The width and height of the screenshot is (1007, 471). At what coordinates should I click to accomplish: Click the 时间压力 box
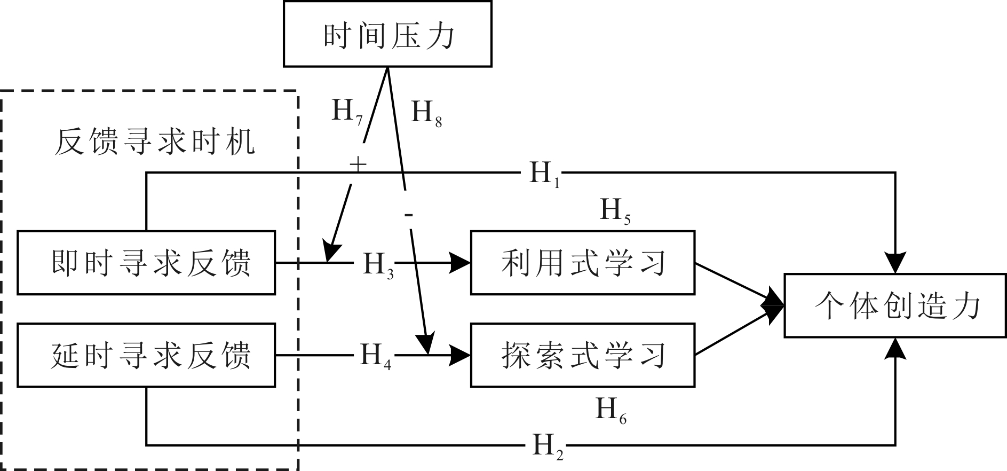tap(387, 34)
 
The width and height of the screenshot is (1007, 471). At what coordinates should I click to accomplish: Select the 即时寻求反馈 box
tap(146, 263)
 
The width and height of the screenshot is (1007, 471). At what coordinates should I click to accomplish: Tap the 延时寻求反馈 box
tap(146, 355)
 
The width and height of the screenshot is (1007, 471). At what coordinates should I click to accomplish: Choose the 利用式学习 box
tap(583, 263)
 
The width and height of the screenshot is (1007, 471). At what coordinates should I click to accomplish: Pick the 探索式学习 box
tap(583, 355)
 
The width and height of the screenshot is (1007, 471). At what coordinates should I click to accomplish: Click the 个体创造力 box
tap(895, 305)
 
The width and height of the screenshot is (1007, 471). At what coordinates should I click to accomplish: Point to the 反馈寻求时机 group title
tap(155, 142)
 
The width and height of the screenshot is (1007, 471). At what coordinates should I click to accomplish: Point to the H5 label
tap(614, 211)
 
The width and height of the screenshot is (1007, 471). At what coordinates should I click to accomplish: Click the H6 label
tap(610, 411)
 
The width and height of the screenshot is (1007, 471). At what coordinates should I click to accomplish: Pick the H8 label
tap(426, 114)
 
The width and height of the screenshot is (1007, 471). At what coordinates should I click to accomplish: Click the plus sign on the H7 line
tap(358, 164)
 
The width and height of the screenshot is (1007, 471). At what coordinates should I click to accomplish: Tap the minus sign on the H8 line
tap(408, 215)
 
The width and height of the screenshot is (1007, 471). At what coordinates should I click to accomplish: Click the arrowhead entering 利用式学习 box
tap(460, 263)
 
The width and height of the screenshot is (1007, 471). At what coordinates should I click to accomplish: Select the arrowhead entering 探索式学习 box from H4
tap(460, 355)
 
